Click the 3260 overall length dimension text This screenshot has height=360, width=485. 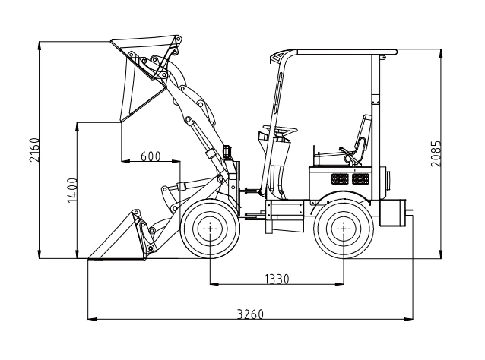(250, 314)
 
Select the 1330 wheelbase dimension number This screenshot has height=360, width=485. (277, 279)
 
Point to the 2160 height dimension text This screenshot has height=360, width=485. (34, 150)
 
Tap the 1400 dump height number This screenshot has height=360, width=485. (72, 191)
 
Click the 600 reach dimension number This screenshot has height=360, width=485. (151, 156)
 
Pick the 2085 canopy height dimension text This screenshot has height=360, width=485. (436, 153)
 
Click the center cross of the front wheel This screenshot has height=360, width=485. (210, 229)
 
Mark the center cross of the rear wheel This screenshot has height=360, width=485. (344, 229)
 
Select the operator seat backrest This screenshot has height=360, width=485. (363, 133)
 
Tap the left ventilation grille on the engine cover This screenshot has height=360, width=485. (340, 178)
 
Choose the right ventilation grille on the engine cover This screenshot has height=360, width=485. (360, 178)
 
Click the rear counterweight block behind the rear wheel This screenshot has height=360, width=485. (392, 213)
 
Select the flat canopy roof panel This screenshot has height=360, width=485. (347, 52)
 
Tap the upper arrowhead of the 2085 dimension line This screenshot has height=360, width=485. (441, 53)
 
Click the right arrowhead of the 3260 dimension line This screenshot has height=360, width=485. (409, 319)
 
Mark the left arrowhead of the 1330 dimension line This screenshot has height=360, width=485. (214, 284)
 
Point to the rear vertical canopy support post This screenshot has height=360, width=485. (376, 127)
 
